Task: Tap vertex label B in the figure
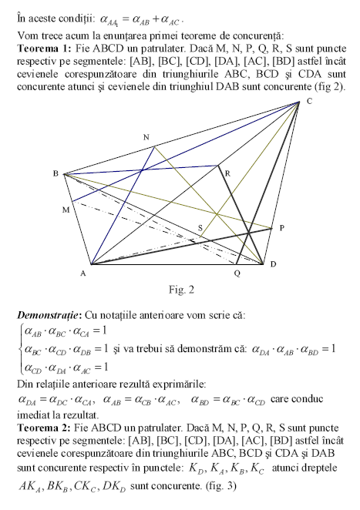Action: pyautogui.click(x=56, y=173)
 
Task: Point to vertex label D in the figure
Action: pyautogui.click(x=273, y=265)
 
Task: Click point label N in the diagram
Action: pyautogui.click(x=146, y=137)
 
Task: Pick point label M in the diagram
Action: pyautogui.click(x=66, y=209)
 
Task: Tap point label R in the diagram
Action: pyautogui.click(x=227, y=174)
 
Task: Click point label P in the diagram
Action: pyautogui.click(x=281, y=227)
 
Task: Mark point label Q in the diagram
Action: pyautogui.click(x=237, y=273)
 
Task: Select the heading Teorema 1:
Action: pyautogui.click(x=42, y=48)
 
